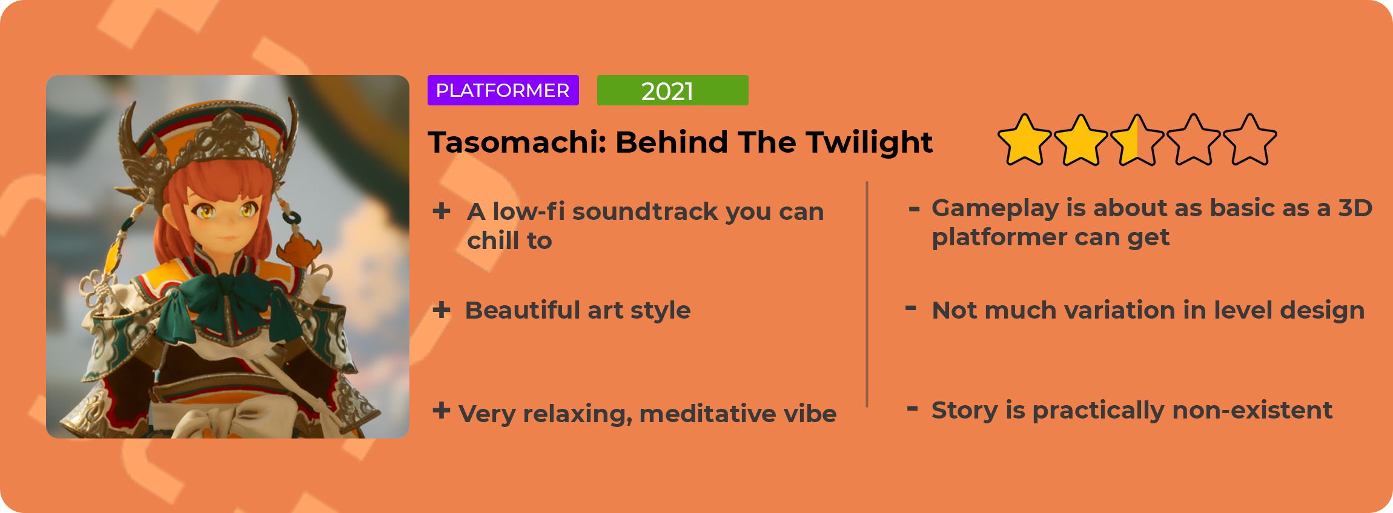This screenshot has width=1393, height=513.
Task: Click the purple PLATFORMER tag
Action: pos(503,90)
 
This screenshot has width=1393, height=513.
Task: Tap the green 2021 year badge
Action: pos(672,90)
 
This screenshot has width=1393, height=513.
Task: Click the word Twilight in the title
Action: pos(869,143)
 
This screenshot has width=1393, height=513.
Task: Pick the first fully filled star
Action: pos(1024,140)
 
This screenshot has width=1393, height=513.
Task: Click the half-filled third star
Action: pos(1137,140)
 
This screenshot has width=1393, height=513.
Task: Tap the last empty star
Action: pos(1249,140)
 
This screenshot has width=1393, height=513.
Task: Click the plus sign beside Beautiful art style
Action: pos(442,309)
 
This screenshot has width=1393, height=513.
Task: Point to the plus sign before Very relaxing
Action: pos(442,410)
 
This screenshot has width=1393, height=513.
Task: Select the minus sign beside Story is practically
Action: pos(912,409)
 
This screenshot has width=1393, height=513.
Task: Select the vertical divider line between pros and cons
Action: pos(867,294)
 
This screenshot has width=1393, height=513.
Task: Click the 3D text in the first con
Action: pos(1355,208)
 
